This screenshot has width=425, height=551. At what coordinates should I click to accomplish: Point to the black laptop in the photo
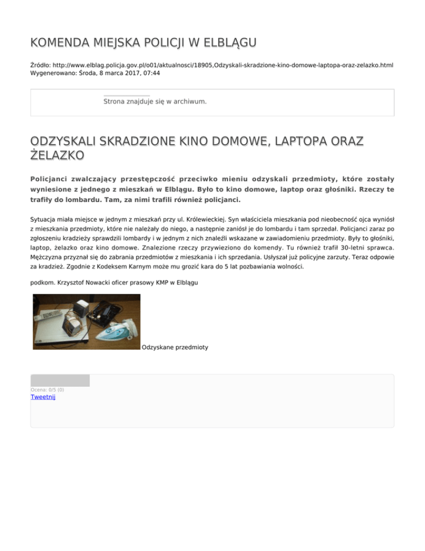pyautogui.click(x=105, y=313)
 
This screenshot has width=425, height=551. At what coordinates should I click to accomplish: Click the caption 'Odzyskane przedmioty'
pyautogui.click(x=175, y=347)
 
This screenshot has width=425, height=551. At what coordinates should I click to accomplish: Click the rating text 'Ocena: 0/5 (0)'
pyautogui.click(x=47, y=390)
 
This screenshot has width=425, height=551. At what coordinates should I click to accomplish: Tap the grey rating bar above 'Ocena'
pyautogui.click(x=60, y=380)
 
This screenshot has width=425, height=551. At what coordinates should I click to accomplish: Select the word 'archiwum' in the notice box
pyautogui.click(x=189, y=101)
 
